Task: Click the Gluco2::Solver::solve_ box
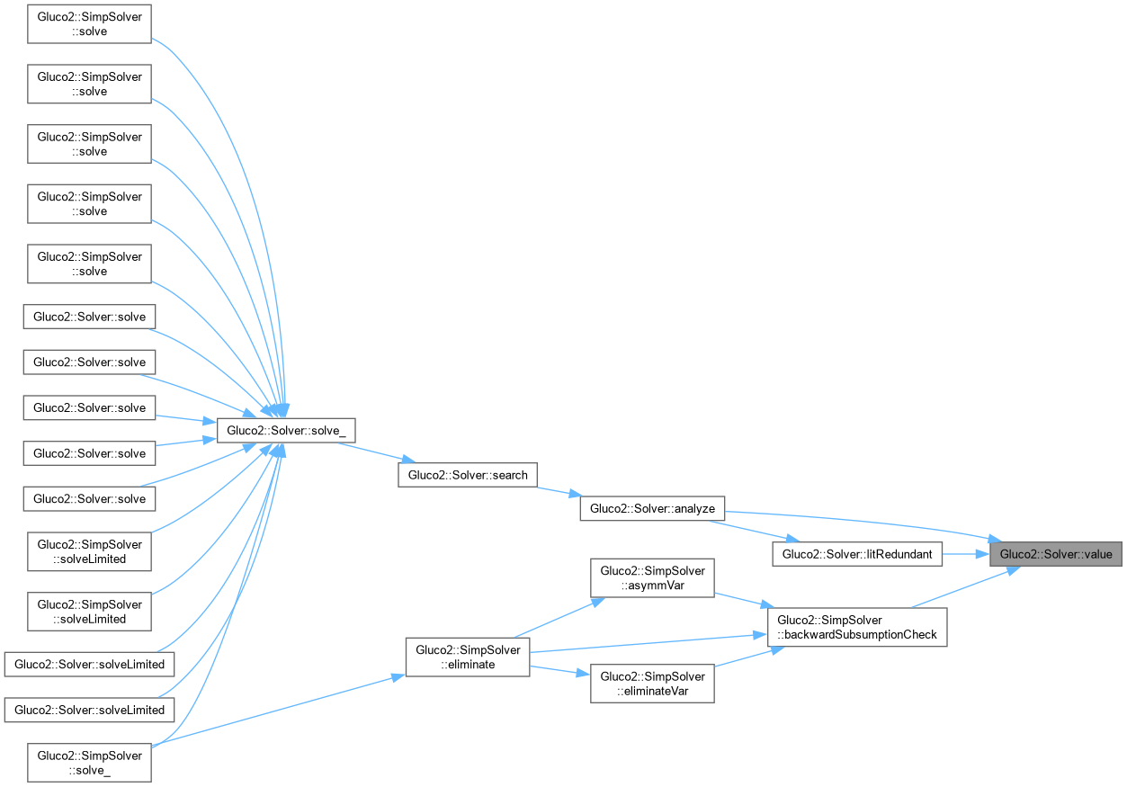286,431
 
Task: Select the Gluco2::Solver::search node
468,475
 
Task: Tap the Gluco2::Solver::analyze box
652,508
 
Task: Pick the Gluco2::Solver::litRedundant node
856,554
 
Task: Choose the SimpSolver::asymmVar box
652,579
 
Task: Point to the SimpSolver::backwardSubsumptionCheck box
856,627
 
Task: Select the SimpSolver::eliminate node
468,657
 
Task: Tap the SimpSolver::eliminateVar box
652,684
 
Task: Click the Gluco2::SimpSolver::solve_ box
88,763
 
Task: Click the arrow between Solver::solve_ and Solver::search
377,453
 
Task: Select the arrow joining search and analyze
559,491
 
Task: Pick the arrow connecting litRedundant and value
965,554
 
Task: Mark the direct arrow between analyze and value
854,518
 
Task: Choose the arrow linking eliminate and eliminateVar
559,670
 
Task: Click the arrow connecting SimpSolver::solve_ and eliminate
279,711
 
